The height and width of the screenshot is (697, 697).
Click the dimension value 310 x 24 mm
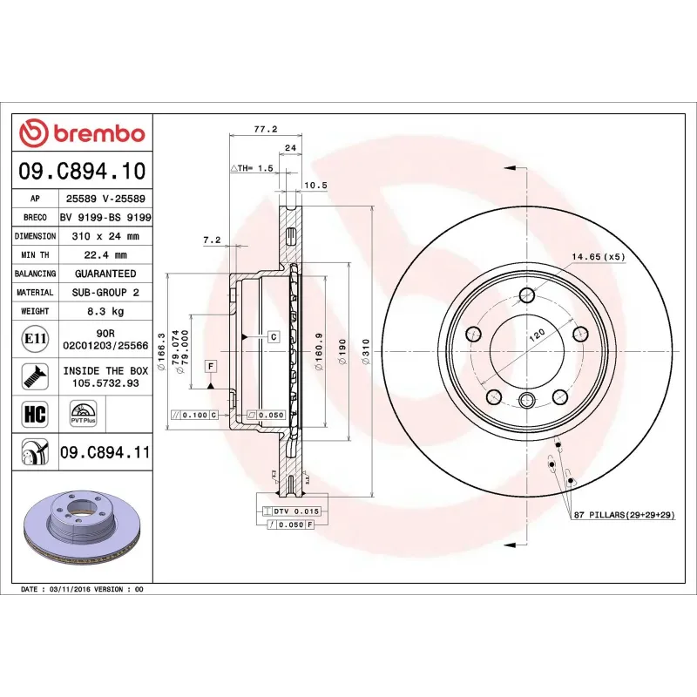point(105,236)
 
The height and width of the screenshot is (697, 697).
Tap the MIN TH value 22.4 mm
point(105,255)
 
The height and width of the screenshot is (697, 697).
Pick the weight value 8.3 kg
point(105,311)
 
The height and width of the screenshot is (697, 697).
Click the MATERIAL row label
point(35,293)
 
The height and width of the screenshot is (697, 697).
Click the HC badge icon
point(35,413)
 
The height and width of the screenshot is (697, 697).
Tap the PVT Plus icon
point(83,413)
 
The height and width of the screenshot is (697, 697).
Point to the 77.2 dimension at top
point(266,129)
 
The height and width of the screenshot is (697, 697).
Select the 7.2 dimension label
point(213,240)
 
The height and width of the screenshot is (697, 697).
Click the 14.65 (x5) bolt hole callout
point(598,257)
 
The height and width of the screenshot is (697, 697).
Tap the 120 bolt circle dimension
point(537,334)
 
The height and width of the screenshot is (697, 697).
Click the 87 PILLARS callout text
point(625,517)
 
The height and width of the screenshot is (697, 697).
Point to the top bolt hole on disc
point(527,294)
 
